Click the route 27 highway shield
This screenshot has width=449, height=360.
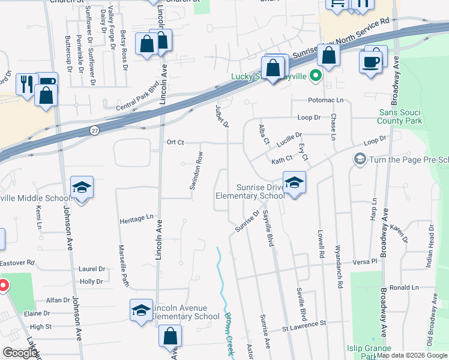click(x=95, y=130)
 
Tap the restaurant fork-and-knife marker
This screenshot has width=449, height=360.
click(x=26, y=83)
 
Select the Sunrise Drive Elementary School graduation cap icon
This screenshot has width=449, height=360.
click(x=294, y=183)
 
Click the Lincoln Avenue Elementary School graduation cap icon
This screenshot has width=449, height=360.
click(x=141, y=310)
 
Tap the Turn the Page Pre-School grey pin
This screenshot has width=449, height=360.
click(x=360, y=158)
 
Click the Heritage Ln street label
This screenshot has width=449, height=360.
click(x=136, y=218)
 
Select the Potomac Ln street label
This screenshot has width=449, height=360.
click(x=326, y=100)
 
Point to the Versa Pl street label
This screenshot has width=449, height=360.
click(x=364, y=262)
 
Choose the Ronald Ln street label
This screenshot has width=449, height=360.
click(x=403, y=288)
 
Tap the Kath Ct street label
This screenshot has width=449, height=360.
click(x=281, y=160)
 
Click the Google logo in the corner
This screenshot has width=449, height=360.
click(x=19, y=352)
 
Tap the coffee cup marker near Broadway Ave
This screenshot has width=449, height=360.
click(x=370, y=62)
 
